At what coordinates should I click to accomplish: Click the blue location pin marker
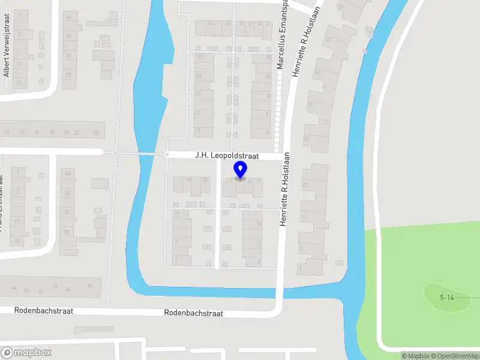tap(241, 170)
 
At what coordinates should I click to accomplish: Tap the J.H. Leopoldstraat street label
tap(226, 155)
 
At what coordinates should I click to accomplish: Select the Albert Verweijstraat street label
tap(7, 54)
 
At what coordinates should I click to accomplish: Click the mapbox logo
tap(26, 353)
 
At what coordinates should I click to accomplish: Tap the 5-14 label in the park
tap(446, 298)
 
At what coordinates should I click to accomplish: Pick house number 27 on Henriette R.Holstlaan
tap(329, 40)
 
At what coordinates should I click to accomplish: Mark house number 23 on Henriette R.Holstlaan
tap(317, 71)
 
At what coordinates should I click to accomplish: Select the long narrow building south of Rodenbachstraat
tap(93, 329)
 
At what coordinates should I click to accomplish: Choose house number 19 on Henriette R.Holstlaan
tap(310, 104)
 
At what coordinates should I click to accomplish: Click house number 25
tap(199, 76)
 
